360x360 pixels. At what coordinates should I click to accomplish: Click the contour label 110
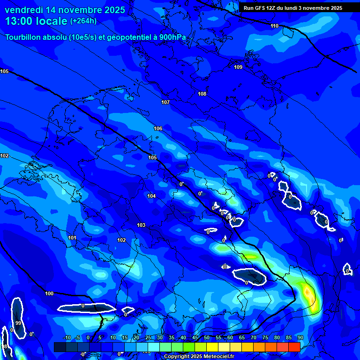click(x=274, y=26)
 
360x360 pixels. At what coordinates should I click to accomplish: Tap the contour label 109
click(x=238, y=67)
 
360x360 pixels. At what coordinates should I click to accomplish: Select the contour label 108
click(x=202, y=94)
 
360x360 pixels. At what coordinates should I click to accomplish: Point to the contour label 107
click(x=165, y=102)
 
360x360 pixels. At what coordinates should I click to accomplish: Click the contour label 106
click(x=158, y=128)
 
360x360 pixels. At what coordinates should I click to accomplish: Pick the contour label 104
click(x=151, y=196)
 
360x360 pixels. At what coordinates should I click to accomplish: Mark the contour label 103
click(x=141, y=225)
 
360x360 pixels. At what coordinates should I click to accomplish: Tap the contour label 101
click(x=72, y=238)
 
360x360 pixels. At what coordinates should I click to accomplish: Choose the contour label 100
click(x=49, y=293)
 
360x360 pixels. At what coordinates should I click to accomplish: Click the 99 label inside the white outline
click(x=18, y=323)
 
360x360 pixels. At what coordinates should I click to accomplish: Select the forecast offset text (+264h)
click(x=83, y=21)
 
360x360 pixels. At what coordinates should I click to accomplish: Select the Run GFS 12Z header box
click(x=293, y=8)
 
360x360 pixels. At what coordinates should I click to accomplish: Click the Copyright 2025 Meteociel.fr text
click(x=199, y=357)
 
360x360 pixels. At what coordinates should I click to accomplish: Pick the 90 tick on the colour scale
click(x=300, y=337)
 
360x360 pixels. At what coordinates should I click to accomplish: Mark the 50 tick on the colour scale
click(x=207, y=337)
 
